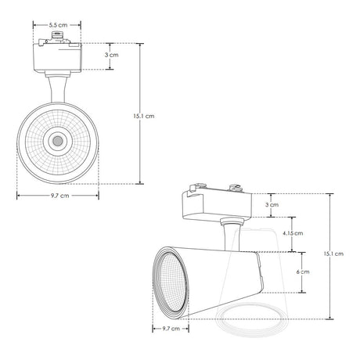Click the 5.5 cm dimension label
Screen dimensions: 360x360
58,25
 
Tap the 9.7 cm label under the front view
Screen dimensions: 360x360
60,196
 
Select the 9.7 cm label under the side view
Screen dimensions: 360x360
171,329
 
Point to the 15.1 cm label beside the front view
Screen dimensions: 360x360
144,116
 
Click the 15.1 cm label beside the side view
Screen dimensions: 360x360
333,254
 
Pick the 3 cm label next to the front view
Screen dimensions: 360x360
112,55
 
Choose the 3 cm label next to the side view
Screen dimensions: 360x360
272,205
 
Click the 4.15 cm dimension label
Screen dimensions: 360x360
293,233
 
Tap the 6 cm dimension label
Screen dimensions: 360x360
303,272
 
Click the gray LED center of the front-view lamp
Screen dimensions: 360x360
58,141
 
